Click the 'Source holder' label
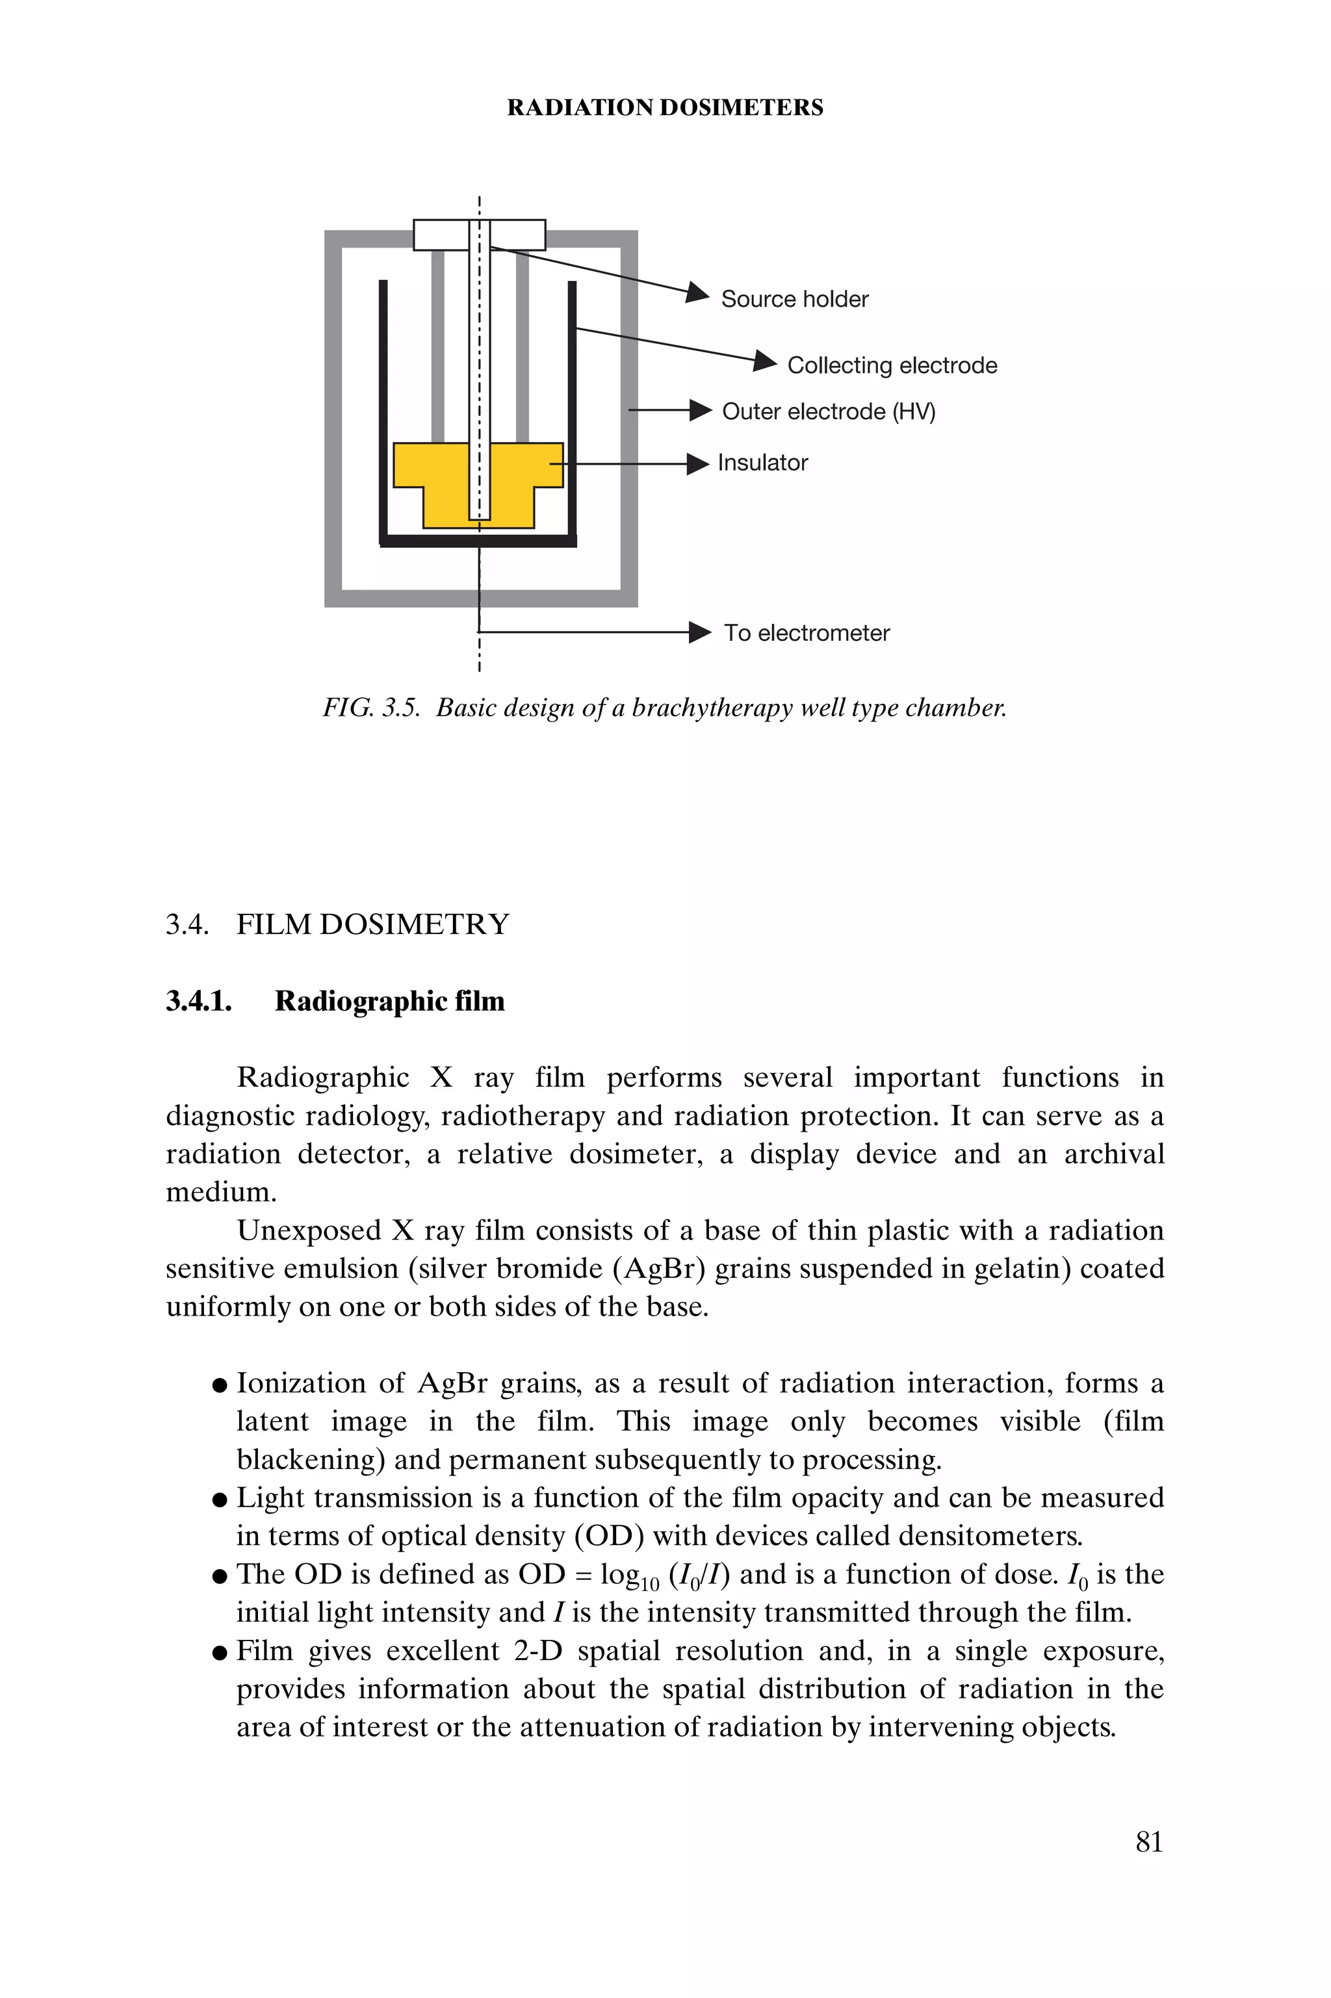pyautogui.click(x=795, y=299)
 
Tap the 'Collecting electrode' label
pyautogui.click(x=892, y=365)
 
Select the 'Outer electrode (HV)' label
pyautogui.click(x=827, y=411)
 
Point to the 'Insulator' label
pyautogui.click(x=762, y=463)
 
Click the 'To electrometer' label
pyautogui.click(x=807, y=633)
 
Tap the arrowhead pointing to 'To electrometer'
pyautogui.click(x=699, y=632)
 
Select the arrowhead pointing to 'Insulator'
pyautogui.click(x=698, y=463)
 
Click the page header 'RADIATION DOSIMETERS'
pyautogui.click(x=665, y=108)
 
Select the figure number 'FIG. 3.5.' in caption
pyautogui.click(x=371, y=708)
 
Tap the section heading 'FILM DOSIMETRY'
pyautogui.click(x=372, y=924)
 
